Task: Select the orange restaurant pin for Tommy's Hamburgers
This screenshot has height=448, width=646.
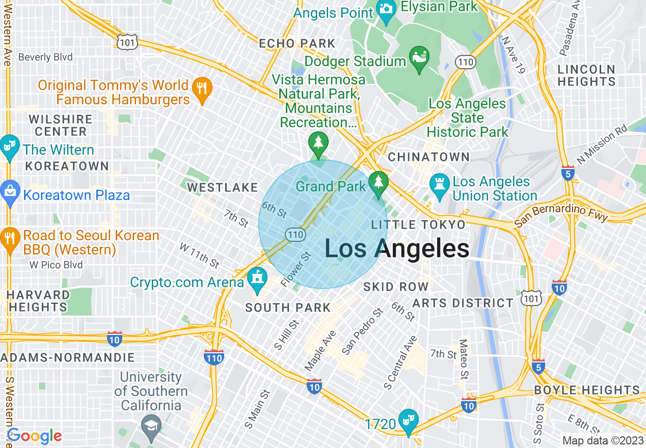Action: click(202, 90)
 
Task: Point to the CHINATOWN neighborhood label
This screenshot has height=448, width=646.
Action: click(428, 157)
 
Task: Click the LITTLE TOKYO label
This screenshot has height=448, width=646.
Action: click(418, 225)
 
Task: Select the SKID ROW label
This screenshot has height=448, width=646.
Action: click(396, 287)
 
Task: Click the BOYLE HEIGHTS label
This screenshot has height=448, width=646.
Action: click(586, 390)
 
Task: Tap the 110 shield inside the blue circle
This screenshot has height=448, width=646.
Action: click(295, 235)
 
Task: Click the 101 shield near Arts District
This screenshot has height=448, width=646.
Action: click(531, 299)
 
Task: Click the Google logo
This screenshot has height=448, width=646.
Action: click(35, 436)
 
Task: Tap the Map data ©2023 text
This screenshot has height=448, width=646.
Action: click(603, 440)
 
